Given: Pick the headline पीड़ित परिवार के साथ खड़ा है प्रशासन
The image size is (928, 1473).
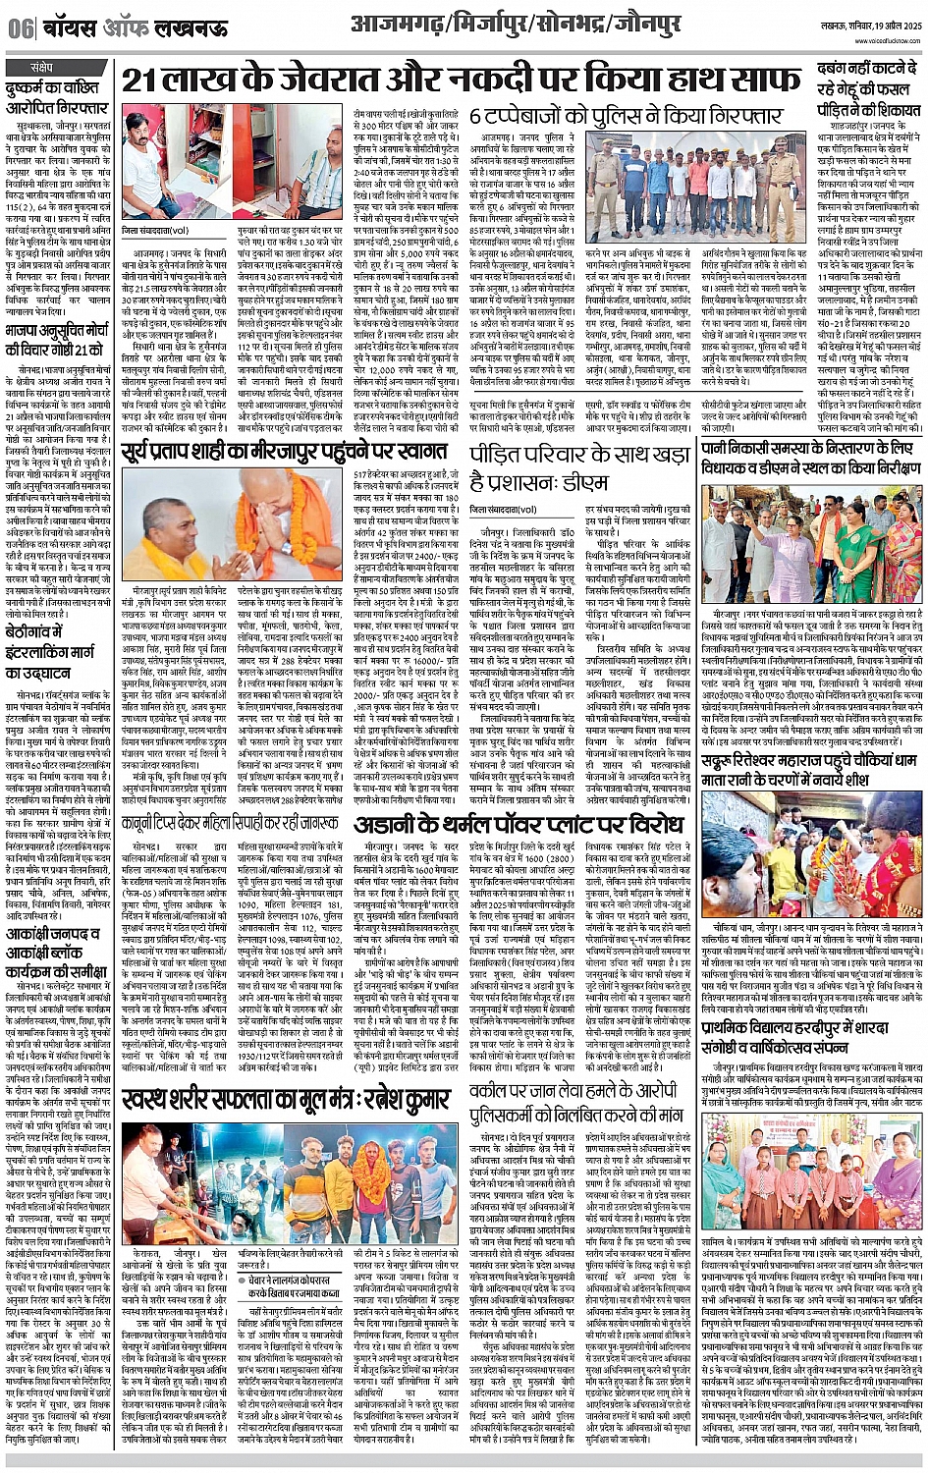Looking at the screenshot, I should point(579,470).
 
